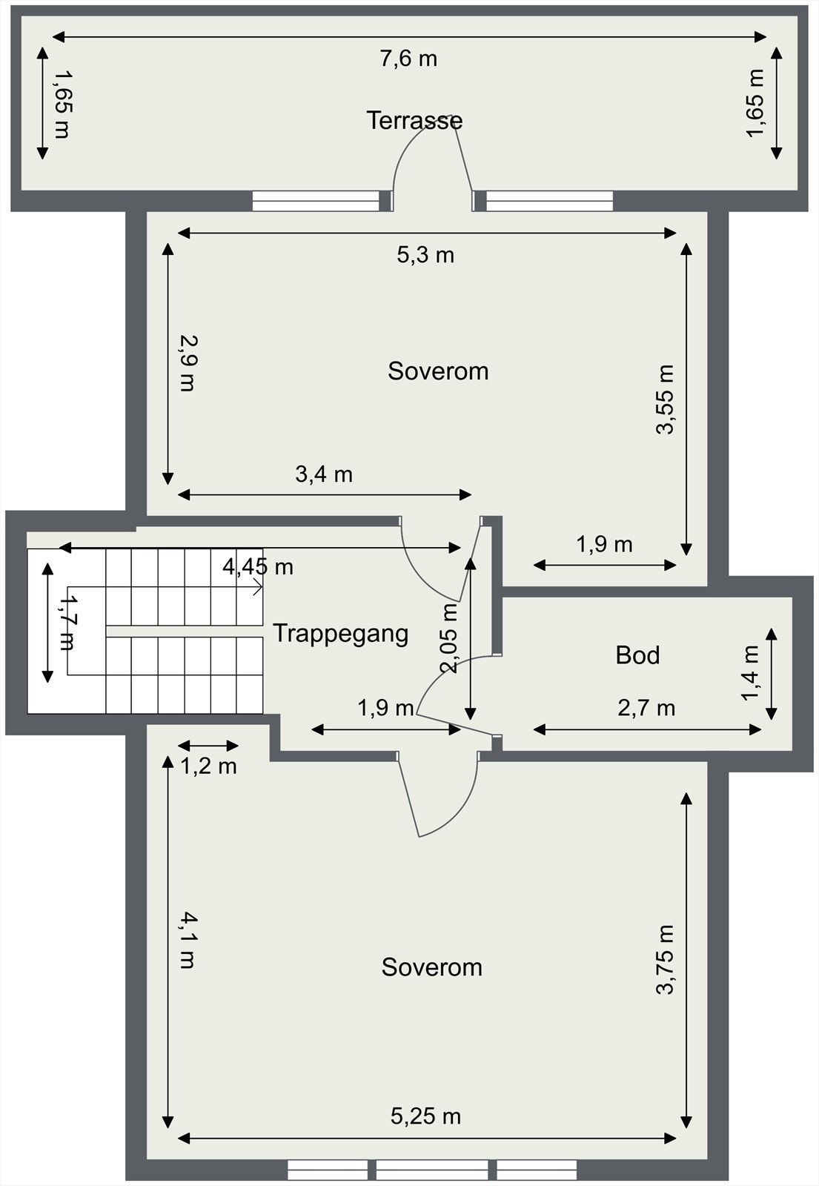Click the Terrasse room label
coord(414,120)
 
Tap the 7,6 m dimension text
coord(408,59)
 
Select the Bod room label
coord(637,655)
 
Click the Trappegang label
coord(340,634)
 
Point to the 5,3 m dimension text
coord(425,255)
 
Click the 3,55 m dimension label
coord(666,399)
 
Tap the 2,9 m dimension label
coord(188,363)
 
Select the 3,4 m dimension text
coord(324,474)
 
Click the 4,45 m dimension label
coord(258,567)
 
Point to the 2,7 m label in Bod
coord(646,708)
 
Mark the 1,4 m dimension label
coord(751,672)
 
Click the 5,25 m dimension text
coord(425,1116)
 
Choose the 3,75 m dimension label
coord(666,959)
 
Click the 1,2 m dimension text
coord(209,766)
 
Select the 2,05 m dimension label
coord(449,637)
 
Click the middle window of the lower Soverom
coord(432,1170)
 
